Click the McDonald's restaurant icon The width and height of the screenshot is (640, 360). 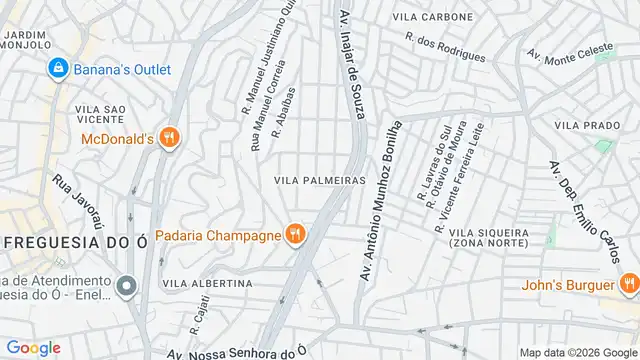click(169, 138)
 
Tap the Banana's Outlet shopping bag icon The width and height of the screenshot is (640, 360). click(58, 68)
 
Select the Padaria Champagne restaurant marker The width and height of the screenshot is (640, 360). click(294, 234)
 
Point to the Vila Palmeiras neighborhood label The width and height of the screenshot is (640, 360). click(319, 180)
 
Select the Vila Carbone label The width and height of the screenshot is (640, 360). click(433, 17)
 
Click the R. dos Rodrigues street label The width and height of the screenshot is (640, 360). click(446, 46)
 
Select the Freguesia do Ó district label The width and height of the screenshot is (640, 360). click(66, 243)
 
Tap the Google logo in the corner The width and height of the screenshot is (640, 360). click(33, 347)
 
